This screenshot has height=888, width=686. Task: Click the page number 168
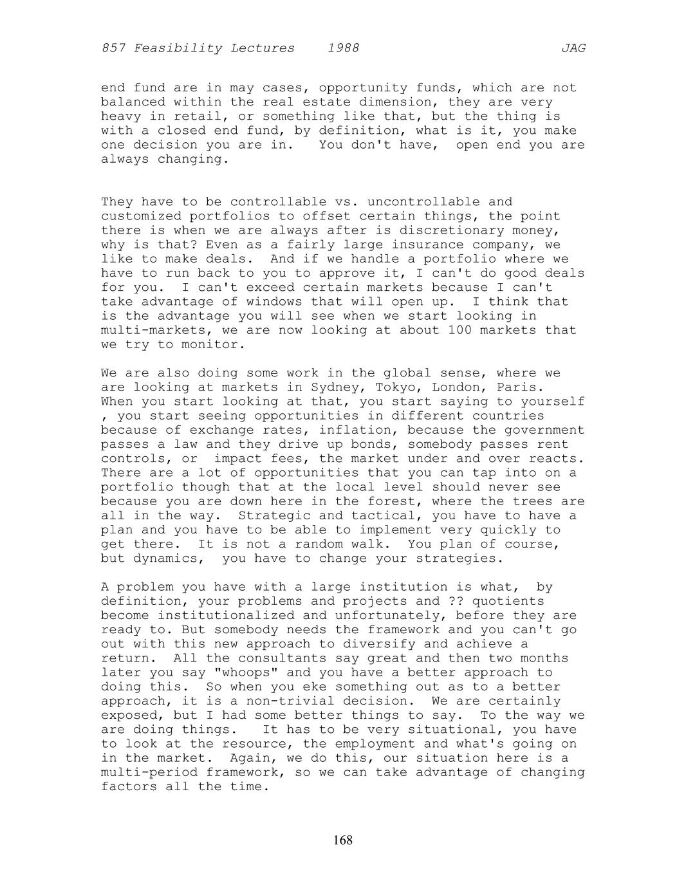(343, 840)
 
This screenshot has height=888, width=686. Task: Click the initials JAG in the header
(573, 48)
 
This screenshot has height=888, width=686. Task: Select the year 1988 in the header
(343, 48)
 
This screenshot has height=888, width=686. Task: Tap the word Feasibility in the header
(214, 48)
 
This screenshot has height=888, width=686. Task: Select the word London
(459, 387)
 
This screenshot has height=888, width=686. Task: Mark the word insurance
(431, 245)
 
